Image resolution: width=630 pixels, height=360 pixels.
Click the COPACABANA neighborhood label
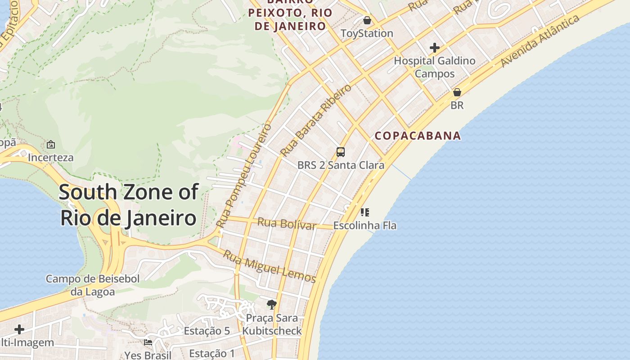pyautogui.click(x=418, y=135)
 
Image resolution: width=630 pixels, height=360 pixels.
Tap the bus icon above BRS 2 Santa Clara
pyautogui.click(x=341, y=152)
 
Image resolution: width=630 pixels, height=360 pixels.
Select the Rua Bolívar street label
pyautogui.click(x=287, y=223)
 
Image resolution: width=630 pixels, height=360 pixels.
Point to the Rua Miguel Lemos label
pyautogui.click(x=270, y=266)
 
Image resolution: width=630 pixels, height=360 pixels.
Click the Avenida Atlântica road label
pyautogui.click(x=540, y=41)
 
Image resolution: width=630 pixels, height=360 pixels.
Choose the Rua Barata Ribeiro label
pyautogui.click(x=315, y=120)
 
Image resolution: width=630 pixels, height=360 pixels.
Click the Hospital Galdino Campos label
pyautogui.click(x=435, y=67)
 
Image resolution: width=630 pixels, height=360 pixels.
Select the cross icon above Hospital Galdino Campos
pyautogui.click(x=435, y=47)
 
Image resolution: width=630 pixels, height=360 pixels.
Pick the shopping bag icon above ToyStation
pyautogui.click(x=367, y=20)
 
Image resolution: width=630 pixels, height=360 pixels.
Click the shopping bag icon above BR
pyautogui.click(x=457, y=92)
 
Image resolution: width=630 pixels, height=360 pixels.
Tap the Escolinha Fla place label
pyautogui.click(x=365, y=225)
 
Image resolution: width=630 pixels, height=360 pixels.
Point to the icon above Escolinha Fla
pyautogui.click(x=365, y=212)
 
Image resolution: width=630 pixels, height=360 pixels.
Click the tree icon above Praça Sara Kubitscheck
pyautogui.click(x=271, y=305)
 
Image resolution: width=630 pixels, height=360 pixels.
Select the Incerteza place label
pyautogui.click(x=50, y=157)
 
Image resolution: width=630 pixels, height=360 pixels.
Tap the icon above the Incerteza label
pyautogui.click(x=51, y=144)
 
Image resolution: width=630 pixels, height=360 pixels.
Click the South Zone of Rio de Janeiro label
pyautogui.click(x=128, y=205)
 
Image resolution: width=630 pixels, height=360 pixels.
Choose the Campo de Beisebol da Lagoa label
pyautogui.click(x=93, y=285)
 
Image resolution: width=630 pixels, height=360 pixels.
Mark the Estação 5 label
pyautogui.click(x=207, y=331)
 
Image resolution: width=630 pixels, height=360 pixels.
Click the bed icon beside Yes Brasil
pyautogui.click(x=148, y=342)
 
